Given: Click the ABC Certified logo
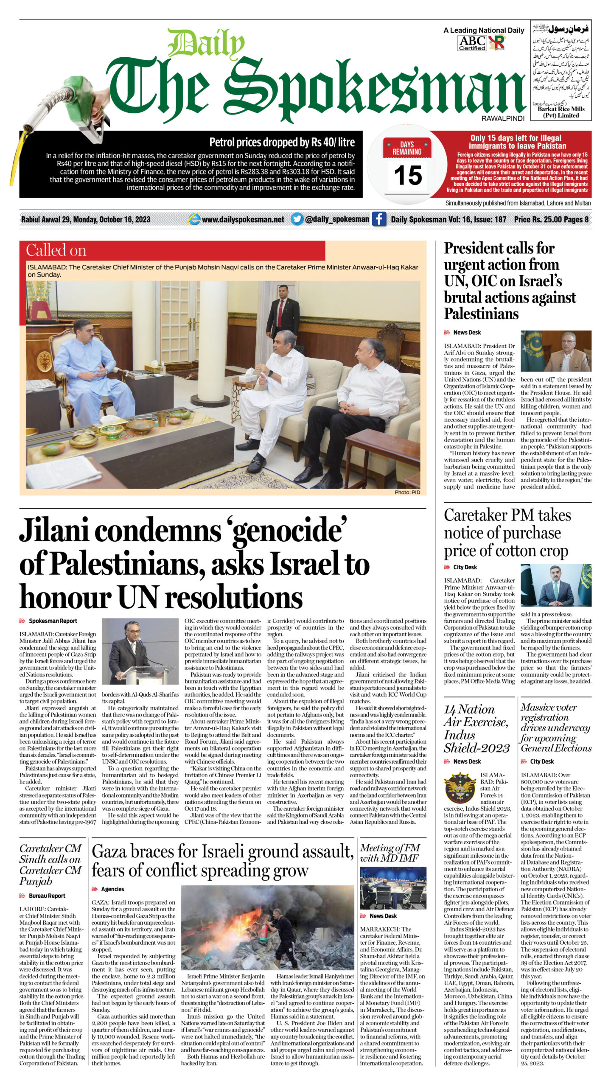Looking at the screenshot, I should click(x=472, y=43).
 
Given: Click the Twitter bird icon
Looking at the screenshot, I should click(x=297, y=219).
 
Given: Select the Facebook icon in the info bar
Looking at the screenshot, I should click(x=378, y=219).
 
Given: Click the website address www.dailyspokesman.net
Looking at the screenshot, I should click(x=243, y=220).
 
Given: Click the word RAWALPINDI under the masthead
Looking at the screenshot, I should click(x=502, y=119).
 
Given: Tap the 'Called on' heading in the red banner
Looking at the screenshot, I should click(x=56, y=250).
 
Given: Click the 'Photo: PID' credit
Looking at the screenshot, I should click(x=407, y=492).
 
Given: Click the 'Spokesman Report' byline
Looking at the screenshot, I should click(x=53, y=621).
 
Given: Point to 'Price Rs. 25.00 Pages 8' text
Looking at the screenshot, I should click(x=551, y=220).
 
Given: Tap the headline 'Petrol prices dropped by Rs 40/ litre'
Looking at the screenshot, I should click(x=282, y=143).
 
